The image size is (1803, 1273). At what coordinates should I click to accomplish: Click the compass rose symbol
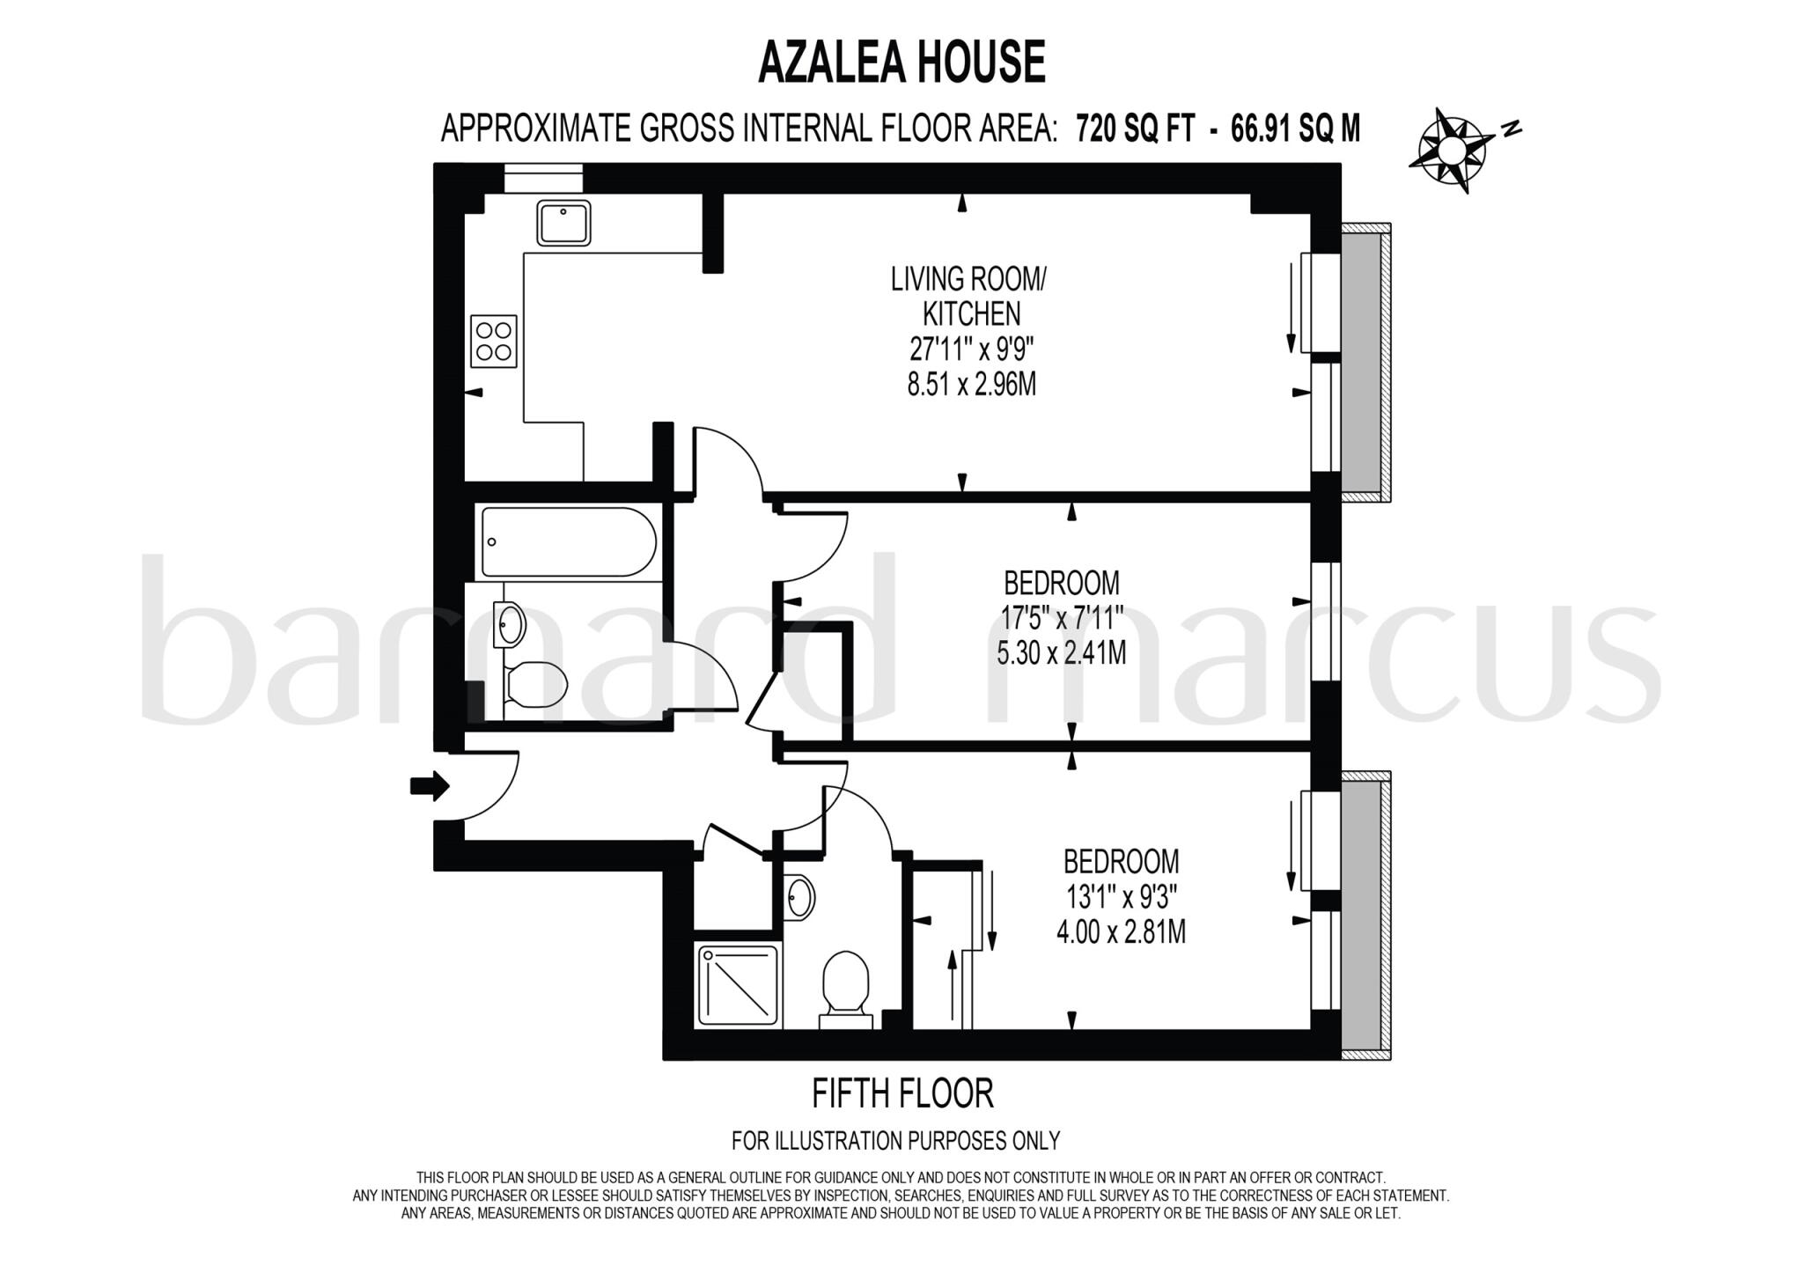click(x=1450, y=151)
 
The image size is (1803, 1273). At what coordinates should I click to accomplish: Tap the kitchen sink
click(x=564, y=223)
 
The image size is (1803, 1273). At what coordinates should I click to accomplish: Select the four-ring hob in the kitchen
click(x=493, y=342)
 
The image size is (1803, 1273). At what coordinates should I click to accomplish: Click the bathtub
click(x=568, y=541)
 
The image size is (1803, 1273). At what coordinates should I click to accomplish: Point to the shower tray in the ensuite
click(x=739, y=984)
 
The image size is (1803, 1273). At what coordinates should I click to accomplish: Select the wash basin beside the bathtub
click(x=510, y=625)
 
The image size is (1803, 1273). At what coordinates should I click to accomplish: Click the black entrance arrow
click(x=430, y=785)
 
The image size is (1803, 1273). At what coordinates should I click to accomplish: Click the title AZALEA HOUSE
click(x=901, y=62)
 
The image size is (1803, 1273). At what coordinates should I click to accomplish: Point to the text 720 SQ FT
click(x=1135, y=129)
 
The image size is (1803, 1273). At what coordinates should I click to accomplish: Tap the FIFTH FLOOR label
click(x=901, y=1093)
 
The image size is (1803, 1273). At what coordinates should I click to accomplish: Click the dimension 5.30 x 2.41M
click(x=1061, y=653)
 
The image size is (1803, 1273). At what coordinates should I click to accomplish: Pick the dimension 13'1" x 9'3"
click(x=1121, y=896)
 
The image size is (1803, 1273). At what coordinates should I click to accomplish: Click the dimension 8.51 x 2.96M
click(x=971, y=385)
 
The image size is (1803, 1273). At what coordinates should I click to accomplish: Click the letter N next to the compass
click(x=1512, y=129)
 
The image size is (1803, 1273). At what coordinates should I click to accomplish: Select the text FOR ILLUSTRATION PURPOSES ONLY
click(x=895, y=1141)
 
